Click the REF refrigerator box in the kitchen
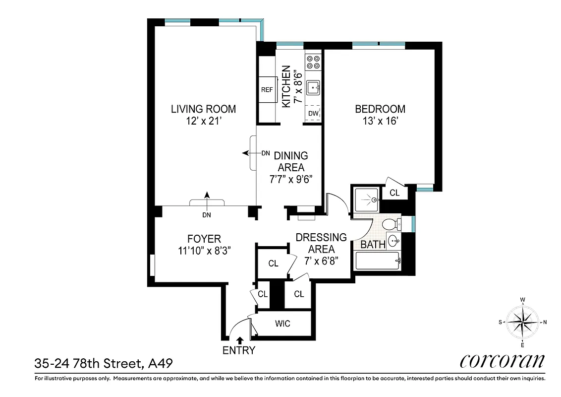click(267, 90)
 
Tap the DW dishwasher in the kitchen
click(313, 114)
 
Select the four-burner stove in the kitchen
click(313, 62)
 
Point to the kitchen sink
click(313, 88)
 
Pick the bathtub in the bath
click(378, 260)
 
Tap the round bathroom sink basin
click(394, 242)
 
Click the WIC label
click(282, 324)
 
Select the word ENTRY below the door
click(238, 350)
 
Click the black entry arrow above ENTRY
click(240, 340)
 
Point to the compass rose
click(522, 322)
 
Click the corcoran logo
click(503, 361)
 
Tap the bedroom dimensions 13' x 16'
click(380, 121)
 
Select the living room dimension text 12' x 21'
click(203, 121)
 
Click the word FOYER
click(204, 239)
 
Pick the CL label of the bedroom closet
click(394, 193)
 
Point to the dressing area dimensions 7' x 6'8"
click(321, 261)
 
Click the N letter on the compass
click(545, 322)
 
